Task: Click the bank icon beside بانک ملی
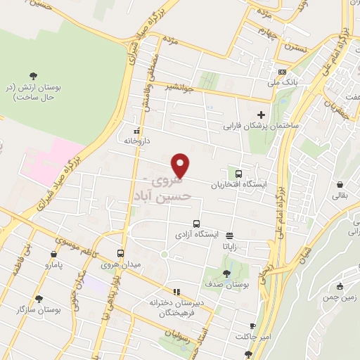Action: coord(283,72)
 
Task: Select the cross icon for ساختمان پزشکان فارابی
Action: coord(261,115)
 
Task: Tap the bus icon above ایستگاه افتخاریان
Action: coord(238,174)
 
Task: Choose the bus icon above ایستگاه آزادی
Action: coord(197,221)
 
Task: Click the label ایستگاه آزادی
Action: coord(197,233)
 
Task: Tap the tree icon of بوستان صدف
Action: coord(226,274)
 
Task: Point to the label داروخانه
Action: coord(137,141)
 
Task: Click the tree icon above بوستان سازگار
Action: coord(39,298)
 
